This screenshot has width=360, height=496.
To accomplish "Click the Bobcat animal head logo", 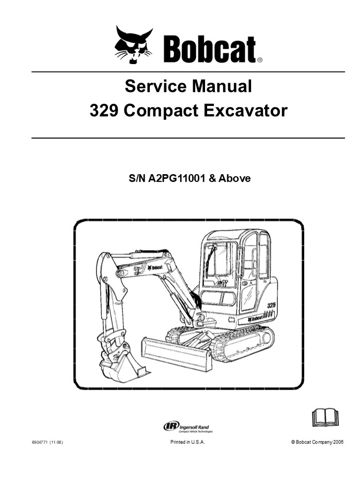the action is (x=133, y=45).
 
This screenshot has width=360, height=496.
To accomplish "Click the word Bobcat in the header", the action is (x=209, y=50).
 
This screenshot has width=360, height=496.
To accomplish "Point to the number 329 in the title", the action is (x=105, y=111).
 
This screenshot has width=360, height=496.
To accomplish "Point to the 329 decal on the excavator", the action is (x=271, y=305).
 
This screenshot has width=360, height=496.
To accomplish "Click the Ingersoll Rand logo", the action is (x=186, y=426).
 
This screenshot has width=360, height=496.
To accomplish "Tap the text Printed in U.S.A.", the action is (x=187, y=442).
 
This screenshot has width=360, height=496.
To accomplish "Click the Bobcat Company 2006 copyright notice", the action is (x=317, y=442).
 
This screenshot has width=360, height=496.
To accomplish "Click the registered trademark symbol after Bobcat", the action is (x=259, y=60).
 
